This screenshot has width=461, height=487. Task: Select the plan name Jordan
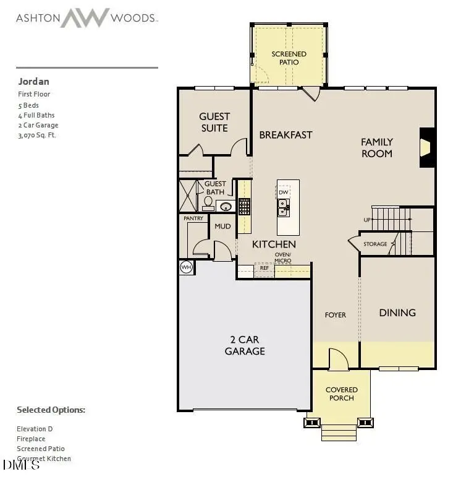click(x=34, y=82)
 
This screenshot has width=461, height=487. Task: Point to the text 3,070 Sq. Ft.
click(x=37, y=135)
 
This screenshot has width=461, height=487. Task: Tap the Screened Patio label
click(x=289, y=58)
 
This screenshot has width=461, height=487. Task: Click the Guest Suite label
click(x=214, y=122)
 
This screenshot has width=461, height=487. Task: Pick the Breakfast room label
click(x=285, y=135)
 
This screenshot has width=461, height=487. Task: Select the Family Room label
click(x=376, y=147)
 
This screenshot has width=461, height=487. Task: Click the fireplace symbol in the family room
click(x=425, y=147)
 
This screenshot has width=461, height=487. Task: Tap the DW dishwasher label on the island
click(x=283, y=192)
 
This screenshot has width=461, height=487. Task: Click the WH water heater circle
click(x=186, y=267)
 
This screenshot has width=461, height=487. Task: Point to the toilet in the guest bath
click(x=208, y=202)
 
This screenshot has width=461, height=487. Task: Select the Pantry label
click(x=193, y=218)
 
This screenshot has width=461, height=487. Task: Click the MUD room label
click(x=222, y=226)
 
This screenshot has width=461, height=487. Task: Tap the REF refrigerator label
click(x=264, y=268)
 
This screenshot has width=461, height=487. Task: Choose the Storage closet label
click(x=375, y=244)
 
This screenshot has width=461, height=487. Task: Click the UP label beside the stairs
click(x=366, y=220)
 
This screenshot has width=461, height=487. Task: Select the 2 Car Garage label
click(x=245, y=345)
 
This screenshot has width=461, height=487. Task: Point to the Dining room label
click(x=397, y=312)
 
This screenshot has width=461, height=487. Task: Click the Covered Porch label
click(x=341, y=394)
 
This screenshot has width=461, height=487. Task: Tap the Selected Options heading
click(x=51, y=410)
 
